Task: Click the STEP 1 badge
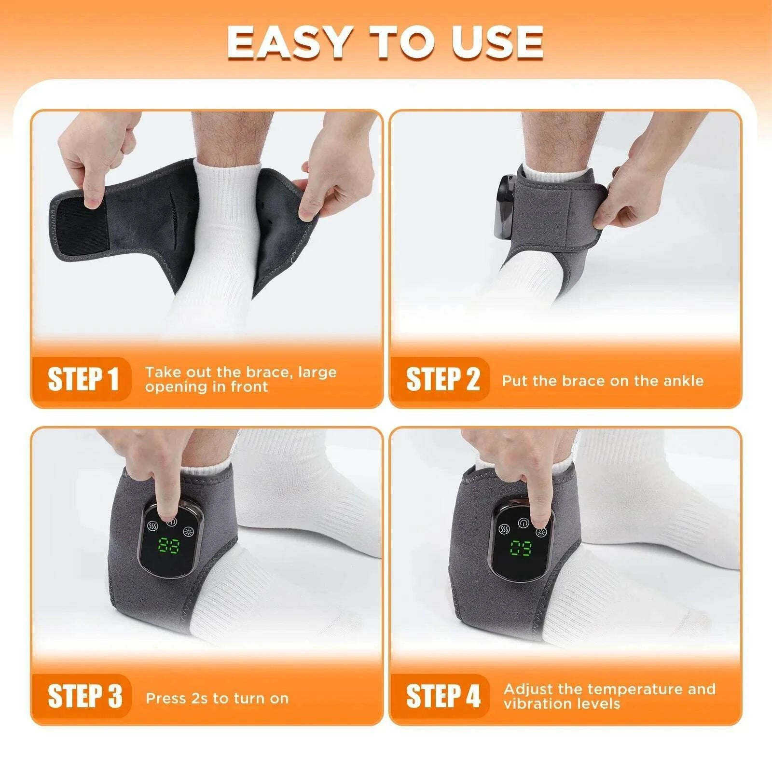(x=83, y=379)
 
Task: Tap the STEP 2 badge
(x=442, y=379)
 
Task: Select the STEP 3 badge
(x=84, y=696)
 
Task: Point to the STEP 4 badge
(x=443, y=696)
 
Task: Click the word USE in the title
(x=497, y=42)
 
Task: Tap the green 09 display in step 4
(x=521, y=549)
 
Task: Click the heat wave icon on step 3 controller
(x=152, y=526)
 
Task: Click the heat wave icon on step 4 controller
(x=505, y=528)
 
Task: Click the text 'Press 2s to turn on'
(x=217, y=698)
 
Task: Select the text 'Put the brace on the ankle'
(x=603, y=381)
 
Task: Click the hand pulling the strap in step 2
(x=627, y=188)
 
